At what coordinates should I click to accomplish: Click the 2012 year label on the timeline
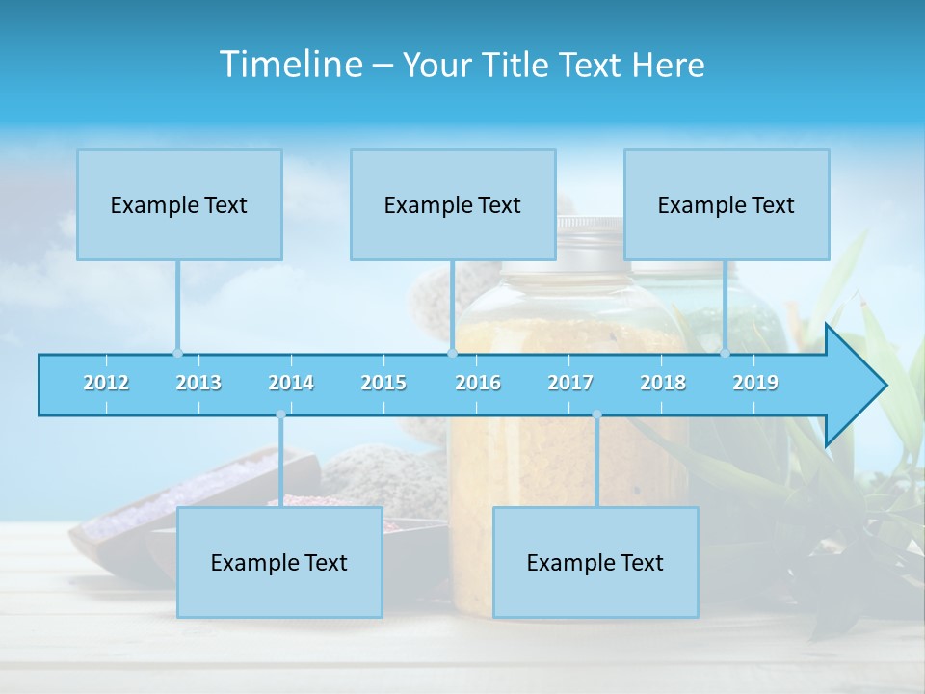click(106, 383)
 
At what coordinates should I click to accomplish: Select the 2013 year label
click(198, 383)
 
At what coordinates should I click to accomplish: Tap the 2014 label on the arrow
click(291, 383)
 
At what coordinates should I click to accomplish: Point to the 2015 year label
click(383, 383)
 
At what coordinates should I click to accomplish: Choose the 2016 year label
click(478, 383)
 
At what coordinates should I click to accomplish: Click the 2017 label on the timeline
click(570, 383)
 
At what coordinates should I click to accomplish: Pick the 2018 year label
click(663, 383)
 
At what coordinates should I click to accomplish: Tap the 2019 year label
click(755, 383)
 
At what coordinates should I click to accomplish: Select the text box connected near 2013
click(179, 204)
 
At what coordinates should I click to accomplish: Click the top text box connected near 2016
click(453, 204)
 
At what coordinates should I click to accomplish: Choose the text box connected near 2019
click(727, 204)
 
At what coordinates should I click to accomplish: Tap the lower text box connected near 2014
click(279, 562)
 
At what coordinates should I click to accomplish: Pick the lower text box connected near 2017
click(595, 562)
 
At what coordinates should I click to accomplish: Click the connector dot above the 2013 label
click(177, 353)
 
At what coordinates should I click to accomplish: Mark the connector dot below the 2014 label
click(280, 414)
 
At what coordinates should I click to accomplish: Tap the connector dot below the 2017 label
click(596, 414)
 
